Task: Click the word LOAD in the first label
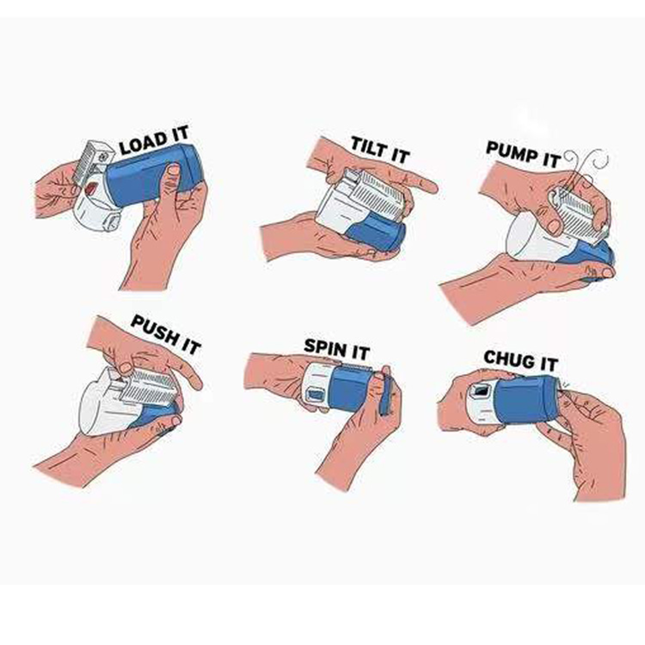143,143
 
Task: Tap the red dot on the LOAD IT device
91,188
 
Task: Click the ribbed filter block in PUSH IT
149,387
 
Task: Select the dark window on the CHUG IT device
481,390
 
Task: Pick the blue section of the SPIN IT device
353,387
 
